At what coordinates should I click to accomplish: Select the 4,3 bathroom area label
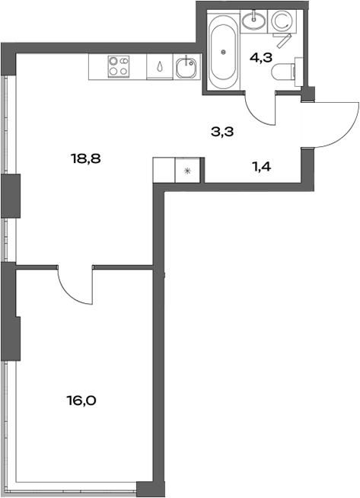260,56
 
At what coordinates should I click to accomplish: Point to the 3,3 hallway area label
221,131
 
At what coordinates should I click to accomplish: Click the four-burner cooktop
118,66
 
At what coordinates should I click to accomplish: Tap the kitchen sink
186,67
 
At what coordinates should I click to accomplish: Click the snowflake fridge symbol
188,169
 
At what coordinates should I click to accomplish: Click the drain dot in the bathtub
223,52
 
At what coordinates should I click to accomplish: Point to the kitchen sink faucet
184,60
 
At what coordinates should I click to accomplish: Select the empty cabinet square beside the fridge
164,169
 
